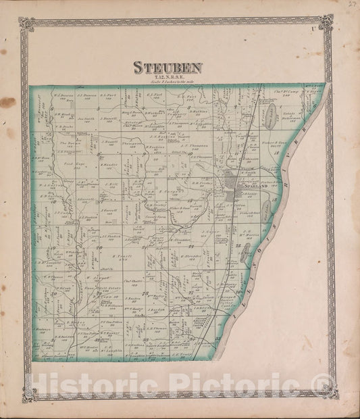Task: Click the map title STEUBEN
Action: click(167, 68)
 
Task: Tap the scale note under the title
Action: click(167, 82)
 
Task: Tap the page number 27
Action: click(351, 5)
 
